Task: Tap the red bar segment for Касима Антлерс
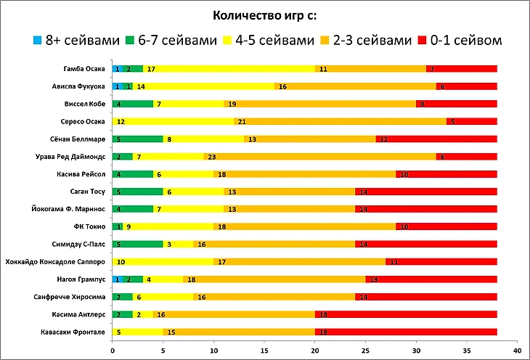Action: tap(406, 314)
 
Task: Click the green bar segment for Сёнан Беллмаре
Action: tap(138, 139)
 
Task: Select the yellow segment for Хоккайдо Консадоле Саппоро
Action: tap(163, 262)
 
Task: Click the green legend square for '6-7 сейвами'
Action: tap(131, 41)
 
